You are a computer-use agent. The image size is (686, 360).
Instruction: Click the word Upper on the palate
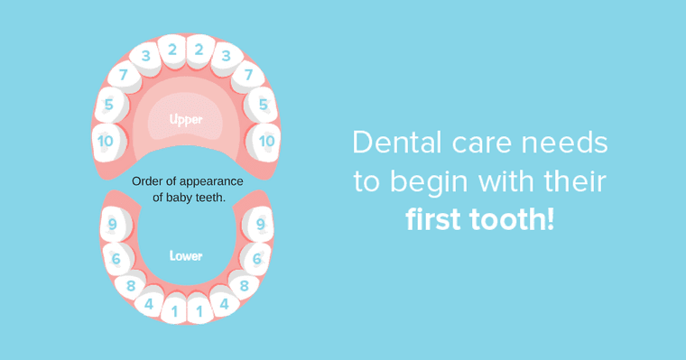(x=186, y=119)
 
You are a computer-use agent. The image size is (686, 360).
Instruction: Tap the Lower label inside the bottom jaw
(x=186, y=256)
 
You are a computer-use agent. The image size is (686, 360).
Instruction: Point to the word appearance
(x=212, y=181)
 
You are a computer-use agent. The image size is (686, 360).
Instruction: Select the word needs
(x=567, y=143)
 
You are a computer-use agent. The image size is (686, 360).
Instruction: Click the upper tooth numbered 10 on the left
(x=106, y=141)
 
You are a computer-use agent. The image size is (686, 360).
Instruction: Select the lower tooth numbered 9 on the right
(x=260, y=224)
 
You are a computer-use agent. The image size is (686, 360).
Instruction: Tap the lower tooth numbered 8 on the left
(x=131, y=286)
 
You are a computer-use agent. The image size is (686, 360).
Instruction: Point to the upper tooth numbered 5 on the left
(x=109, y=105)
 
